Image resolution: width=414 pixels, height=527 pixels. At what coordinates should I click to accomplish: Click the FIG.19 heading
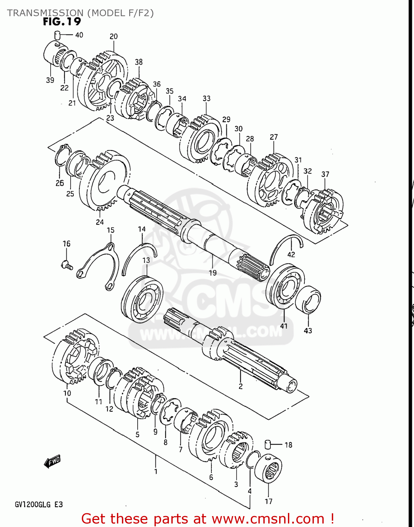click(x=62, y=22)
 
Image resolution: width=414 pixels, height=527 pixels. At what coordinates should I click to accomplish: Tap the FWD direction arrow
click(x=52, y=461)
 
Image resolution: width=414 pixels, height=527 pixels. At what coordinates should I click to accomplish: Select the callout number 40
click(x=79, y=35)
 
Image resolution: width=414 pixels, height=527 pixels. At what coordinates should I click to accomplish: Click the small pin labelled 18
click(x=268, y=444)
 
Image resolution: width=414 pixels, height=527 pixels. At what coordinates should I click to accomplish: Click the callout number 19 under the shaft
click(x=212, y=273)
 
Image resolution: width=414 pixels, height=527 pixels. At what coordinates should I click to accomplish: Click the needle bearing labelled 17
click(x=269, y=470)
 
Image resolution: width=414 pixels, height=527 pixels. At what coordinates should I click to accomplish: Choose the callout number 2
click(x=241, y=386)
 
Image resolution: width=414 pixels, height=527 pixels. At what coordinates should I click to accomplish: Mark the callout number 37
click(x=325, y=174)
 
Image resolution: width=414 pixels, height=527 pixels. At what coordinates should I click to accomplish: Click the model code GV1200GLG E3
click(x=39, y=505)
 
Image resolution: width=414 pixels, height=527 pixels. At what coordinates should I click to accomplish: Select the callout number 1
click(x=156, y=471)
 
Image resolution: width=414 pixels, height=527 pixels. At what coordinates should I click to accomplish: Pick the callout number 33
click(x=206, y=98)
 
